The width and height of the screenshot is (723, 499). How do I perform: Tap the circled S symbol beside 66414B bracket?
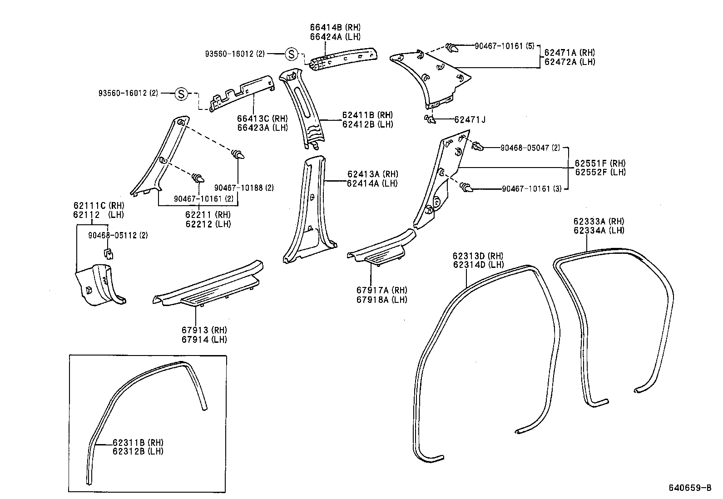click(291, 54)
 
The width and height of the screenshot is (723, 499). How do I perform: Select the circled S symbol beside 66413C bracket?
click(181, 94)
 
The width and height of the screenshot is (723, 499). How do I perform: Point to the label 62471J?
click(470, 120)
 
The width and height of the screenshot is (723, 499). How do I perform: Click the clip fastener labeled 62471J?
click(429, 119)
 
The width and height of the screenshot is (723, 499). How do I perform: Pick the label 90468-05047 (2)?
click(530, 148)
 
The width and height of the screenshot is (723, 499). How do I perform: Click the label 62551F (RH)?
click(600, 163)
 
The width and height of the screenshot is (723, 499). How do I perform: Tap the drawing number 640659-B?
click(689, 488)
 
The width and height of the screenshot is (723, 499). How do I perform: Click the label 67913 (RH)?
click(204, 330)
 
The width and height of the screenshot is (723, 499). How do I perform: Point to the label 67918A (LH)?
click(381, 300)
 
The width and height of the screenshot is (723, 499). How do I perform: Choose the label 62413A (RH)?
click(372, 174)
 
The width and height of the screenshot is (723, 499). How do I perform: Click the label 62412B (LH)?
click(367, 124)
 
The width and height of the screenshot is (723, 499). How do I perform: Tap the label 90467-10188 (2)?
click(244, 188)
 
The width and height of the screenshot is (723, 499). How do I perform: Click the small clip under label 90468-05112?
click(108, 253)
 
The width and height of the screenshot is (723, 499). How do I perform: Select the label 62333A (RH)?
click(599, 222)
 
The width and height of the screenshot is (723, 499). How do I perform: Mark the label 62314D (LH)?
click(478, 265)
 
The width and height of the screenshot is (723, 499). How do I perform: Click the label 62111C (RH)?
click(99, 206)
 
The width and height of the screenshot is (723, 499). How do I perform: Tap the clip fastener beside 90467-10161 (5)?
click(452, 47)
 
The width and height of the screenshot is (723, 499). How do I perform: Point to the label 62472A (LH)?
click(569, 62)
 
